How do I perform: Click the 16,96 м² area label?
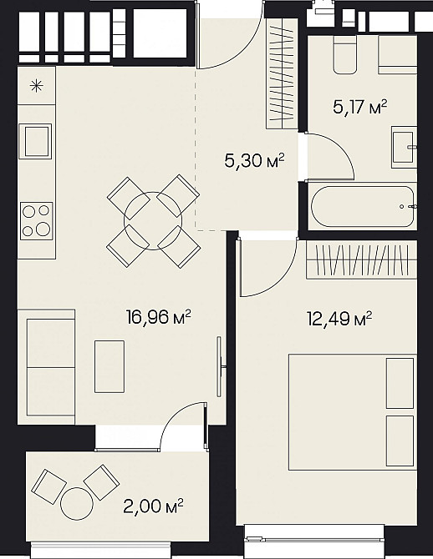point(158,317)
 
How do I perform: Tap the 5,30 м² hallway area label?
point(254,161)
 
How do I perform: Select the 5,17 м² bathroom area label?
point(359,107)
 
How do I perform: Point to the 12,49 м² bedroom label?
point(339,319)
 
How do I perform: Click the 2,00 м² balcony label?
point(153,506)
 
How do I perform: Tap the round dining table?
point(153,221)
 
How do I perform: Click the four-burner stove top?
point(37,221)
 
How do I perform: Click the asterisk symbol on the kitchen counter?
point(37,86)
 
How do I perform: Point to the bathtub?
point(363,206)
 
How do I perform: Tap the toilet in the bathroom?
point(344,54)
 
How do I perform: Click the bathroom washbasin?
point(404,147)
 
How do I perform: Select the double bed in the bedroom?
point(353,412)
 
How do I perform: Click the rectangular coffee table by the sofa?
point(110,366)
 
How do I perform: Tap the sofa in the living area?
point(47,367)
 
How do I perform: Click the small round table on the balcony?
point(77,503)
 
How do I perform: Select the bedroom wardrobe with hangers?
point(362,259)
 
